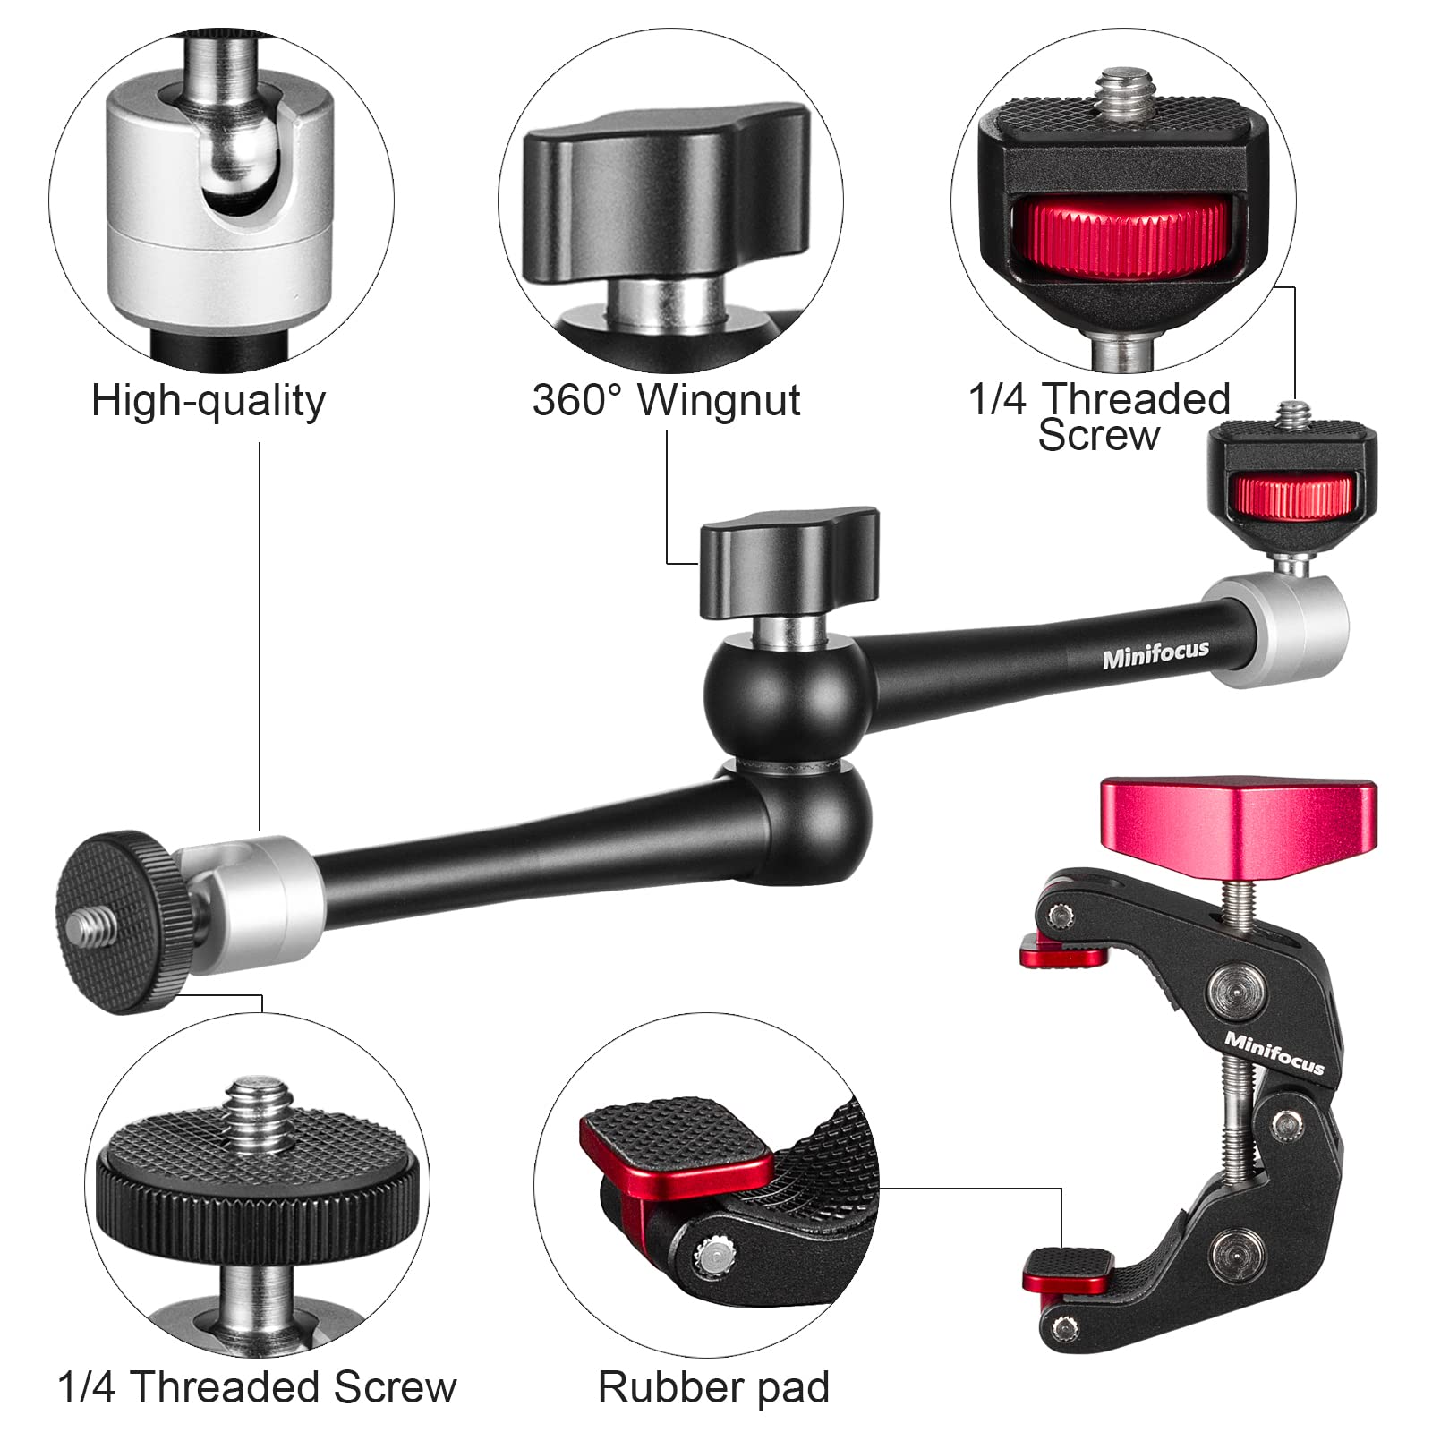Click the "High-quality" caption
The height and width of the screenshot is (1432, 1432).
coord(208,402)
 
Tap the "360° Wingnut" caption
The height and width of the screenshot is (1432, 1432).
coord(666,400)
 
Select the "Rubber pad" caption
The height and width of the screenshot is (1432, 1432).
coord(713,1388)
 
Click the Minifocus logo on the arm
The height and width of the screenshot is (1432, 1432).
coord(1155,655)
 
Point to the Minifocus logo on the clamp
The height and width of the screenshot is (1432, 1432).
coord(1274,1053)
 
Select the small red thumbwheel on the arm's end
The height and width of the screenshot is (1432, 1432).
coord(1291,498)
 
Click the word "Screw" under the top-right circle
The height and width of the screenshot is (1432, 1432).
coord(1098,437)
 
